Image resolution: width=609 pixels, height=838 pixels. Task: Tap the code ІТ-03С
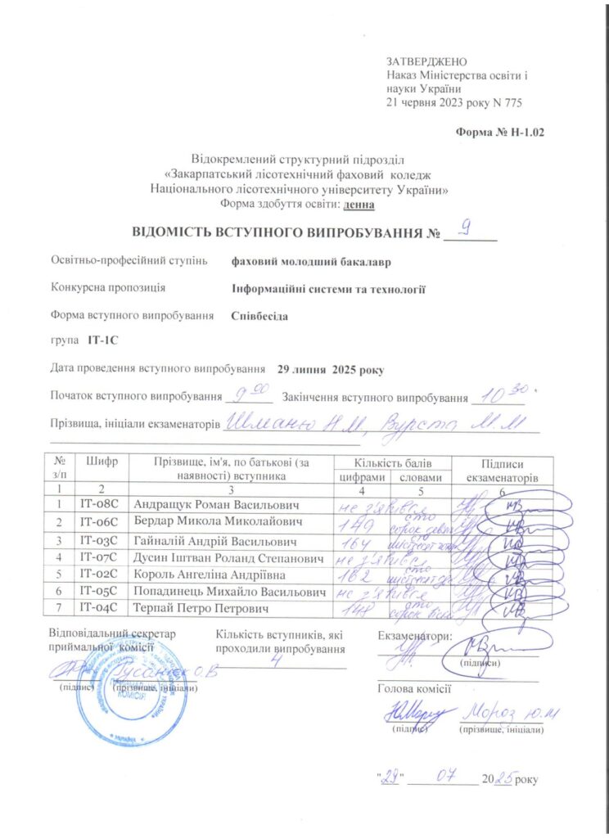pyautogui.click(x=98, y=541)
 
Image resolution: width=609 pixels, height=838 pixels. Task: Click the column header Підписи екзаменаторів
pyautogui.click(x=503, y=469)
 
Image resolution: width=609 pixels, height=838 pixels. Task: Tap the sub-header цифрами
pyautogui.click(x=361, y=476)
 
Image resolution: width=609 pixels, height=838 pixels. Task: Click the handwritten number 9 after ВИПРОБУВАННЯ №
pyautogui.click(x=465, y=230)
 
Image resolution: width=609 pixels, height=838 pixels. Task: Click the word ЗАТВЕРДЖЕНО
pyautogui.click(x=426, y=62)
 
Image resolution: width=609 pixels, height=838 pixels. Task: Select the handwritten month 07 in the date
pyautogui.click(x=446, y=774)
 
